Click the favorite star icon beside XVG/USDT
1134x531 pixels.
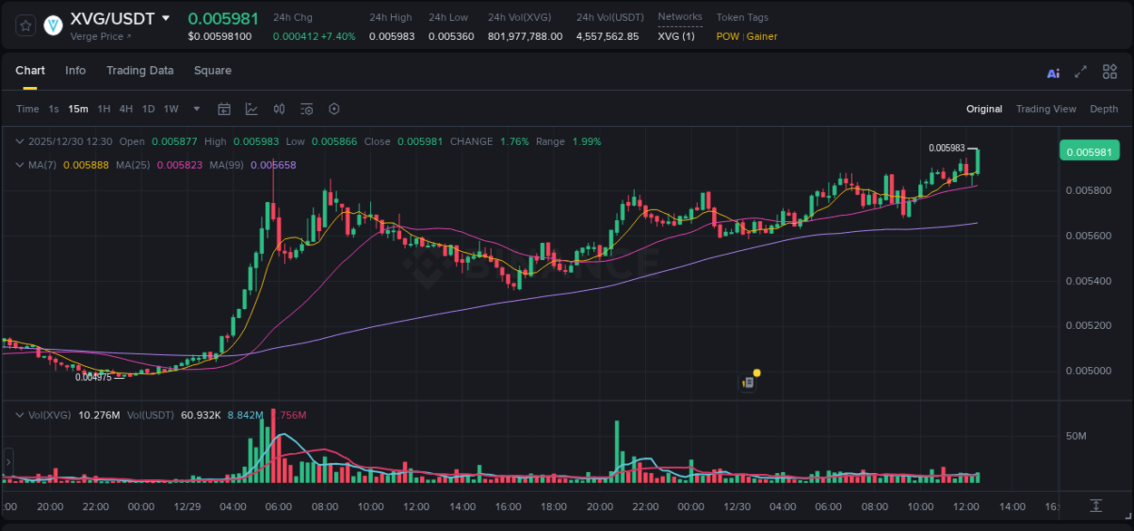(25, 25)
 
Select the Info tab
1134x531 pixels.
(75, 71)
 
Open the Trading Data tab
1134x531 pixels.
(140, 71)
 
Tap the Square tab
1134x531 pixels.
(212, 71)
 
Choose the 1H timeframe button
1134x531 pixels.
(103, 109)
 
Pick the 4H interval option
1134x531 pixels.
(125, 109)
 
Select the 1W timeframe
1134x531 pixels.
(171, 109)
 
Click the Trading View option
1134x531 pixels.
(1046, 109)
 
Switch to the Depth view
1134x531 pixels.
(1103, 109)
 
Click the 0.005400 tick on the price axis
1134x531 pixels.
(1088, 281)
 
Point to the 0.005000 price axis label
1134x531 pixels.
(1088, 371)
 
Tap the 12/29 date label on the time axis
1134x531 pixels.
(187, 507)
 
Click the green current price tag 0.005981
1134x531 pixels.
(1090, 151)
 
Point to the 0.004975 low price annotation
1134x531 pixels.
(93, 377)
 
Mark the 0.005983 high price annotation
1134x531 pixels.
(946, 148)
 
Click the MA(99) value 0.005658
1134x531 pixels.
(273, 165)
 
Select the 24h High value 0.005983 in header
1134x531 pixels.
(392, 36)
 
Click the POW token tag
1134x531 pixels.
(727, 36)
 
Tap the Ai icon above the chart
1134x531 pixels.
(1053, 73)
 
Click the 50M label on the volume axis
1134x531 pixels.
(1076, 437)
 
